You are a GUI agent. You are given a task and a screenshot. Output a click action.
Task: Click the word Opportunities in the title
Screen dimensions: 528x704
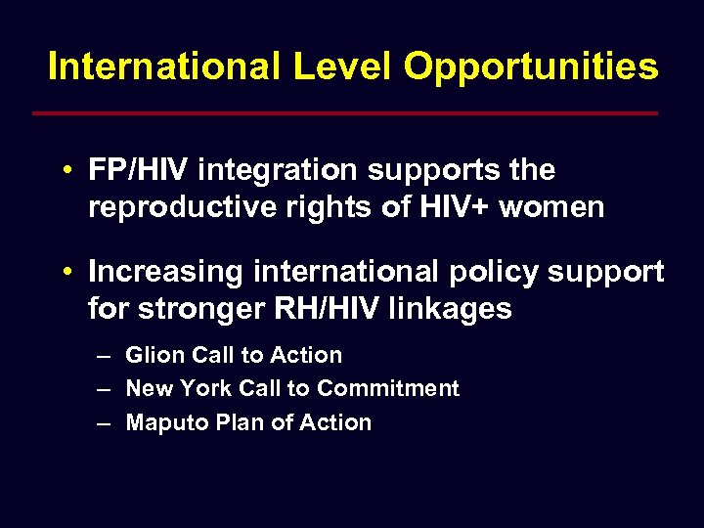(531, 67)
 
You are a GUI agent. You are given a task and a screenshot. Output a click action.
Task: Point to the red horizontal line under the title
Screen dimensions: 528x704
(344, 113)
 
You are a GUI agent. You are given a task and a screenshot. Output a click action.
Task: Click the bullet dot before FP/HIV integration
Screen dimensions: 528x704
(63, 171)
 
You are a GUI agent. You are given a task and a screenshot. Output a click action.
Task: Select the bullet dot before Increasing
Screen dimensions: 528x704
(63, 272)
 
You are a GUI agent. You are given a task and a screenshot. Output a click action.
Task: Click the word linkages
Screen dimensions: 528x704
(451, 309)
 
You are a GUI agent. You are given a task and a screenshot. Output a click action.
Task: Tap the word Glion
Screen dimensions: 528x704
(151, 355)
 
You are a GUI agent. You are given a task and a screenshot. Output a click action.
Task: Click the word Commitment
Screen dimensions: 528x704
(388, 388)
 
